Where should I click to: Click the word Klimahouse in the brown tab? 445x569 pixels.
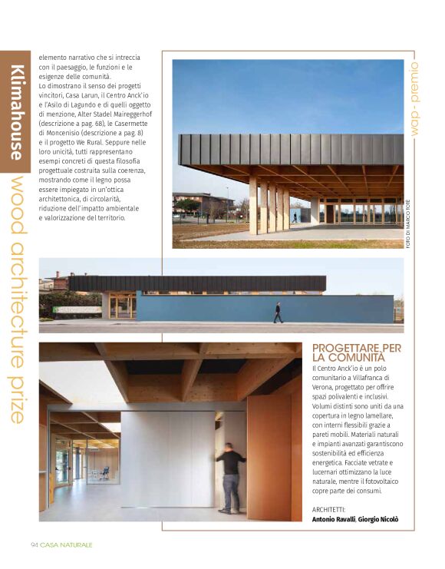pos(15,113)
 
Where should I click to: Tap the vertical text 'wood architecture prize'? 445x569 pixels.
pos(17,299)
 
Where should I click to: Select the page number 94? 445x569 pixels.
pos(34,545)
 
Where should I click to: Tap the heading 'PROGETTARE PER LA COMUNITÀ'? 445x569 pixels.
pos(357,353)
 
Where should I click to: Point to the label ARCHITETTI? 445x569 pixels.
pos(329,509)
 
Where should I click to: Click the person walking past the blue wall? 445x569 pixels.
pos(278,312)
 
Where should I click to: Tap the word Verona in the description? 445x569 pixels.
pos(327,387)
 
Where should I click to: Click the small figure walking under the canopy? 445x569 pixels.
pos(295,217)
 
